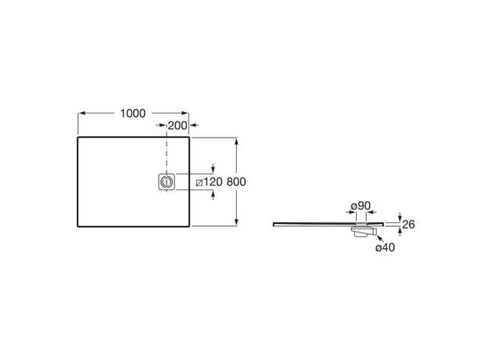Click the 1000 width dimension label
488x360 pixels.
[133, 113]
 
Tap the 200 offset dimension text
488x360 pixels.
[178, 126]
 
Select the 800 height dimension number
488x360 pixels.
[236, 182]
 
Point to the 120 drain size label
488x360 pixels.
[213, 182]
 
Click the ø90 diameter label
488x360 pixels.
[361, 206]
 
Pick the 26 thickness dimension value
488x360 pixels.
[408, 225]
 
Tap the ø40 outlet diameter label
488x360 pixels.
[386, 247]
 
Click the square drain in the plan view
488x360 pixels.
[167, 182]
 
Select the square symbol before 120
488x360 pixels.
[199, 183]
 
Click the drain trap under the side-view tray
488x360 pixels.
[364, 232]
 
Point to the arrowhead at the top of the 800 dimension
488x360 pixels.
[236, 141]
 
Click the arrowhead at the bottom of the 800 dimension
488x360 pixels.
[236, 222]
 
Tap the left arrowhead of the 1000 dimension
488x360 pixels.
[81, 113]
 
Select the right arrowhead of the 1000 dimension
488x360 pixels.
[185, 113]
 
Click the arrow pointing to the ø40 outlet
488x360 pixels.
[380, 239]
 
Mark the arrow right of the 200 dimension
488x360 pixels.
[195, 125]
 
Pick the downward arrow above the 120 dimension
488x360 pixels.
[213, 167]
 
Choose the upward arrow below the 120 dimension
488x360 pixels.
[213, 196]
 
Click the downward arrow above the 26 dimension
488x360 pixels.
[400, 217]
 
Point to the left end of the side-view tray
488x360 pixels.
[273, 225]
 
